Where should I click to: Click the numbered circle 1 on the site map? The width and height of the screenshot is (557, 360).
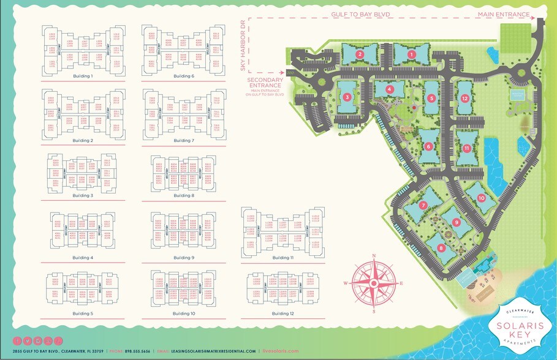point(412,54)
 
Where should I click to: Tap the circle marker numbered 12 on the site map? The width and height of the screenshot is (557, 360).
point(465,99)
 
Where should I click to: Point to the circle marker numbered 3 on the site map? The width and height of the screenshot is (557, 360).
point(347,97)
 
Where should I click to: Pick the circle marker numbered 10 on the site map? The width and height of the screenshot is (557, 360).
point(482,198)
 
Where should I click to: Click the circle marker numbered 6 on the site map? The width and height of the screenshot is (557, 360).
point(428,146)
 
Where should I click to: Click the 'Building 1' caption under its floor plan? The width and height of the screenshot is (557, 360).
point(82,77)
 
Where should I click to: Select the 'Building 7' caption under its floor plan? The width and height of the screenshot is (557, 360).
point(184,141)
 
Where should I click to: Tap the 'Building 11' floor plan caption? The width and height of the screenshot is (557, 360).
point(283,258)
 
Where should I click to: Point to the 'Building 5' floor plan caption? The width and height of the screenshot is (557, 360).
point(82,313)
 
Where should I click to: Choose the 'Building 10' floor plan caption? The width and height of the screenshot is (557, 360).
point(184,313)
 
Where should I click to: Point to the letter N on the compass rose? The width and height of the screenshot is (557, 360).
point(373,257)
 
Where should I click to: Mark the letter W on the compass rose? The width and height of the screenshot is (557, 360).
point(346,283)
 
